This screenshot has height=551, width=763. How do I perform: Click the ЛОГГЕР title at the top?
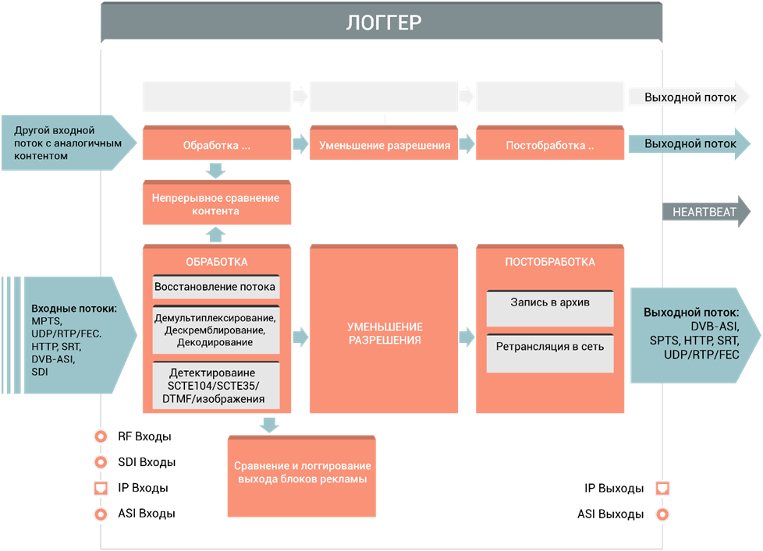click(x=382, y=22)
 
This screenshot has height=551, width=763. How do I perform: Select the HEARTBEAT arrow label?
click(x=699, y=212)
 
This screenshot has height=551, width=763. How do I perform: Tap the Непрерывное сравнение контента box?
click(x=217, y=204)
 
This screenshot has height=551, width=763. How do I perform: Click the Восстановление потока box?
click(x=215, y=287)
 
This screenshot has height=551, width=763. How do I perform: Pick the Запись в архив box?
click(x=550, y=303)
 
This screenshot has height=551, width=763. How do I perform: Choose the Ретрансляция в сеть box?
click(x=550, y=346)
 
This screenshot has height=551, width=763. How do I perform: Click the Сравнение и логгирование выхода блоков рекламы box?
click(x=301, y=472)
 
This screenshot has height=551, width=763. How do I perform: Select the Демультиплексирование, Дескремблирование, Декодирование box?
click(x=215, y=330)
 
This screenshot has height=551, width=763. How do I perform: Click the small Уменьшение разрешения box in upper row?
click(x=384, y=145)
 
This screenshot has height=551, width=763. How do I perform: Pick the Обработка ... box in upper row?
click(x=216, y=145)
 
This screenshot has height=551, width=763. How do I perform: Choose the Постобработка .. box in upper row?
click(x=550, y=145)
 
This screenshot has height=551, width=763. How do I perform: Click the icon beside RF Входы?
click(x=100, y=436)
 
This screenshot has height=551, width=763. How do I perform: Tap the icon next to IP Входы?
click(x=100, y=489)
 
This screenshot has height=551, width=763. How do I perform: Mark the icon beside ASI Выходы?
click(x=662, y=514)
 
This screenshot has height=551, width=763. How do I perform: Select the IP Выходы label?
click(x=614, y=489)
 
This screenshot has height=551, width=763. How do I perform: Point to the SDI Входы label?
click(x=147, y=462)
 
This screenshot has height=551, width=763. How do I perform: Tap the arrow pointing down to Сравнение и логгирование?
click(x=269, y=425)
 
